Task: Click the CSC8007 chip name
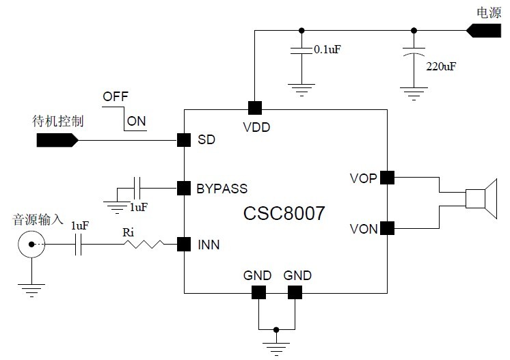coord(284,213)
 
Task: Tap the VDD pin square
coord(254,107)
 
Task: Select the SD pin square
coord(183,139)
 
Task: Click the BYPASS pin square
coord(183,187)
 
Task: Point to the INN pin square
coord(183,243)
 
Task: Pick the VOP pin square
coord(387,177)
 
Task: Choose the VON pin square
coord(387,228)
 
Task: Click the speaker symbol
coord(481,199)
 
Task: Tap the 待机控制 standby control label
coord(58,122)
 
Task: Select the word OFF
coord(116,96)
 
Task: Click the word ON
coord(137,122)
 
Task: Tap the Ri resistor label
coord(128,232)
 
